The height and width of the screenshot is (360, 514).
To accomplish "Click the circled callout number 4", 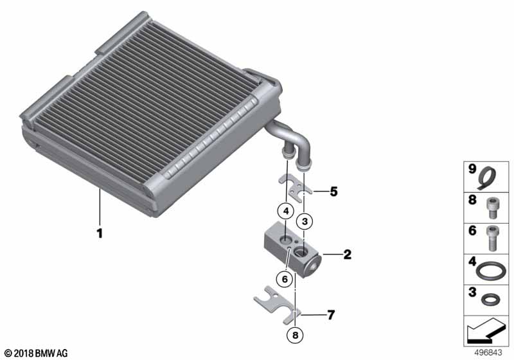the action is (286, 211).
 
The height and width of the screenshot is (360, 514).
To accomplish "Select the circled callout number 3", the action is (305, 222).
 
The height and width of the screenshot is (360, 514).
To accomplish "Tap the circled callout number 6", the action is (284, 279).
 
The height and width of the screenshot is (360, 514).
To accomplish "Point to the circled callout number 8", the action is (296, 335).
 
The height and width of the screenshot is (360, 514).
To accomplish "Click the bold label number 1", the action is (100, 233).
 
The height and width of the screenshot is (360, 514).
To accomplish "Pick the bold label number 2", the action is (348, 255).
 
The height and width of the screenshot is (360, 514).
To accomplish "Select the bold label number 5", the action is (333, 192).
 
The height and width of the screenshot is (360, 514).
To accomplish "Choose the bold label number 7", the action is (331, 315).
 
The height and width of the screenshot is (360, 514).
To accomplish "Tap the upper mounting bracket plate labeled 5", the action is (295, 190).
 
